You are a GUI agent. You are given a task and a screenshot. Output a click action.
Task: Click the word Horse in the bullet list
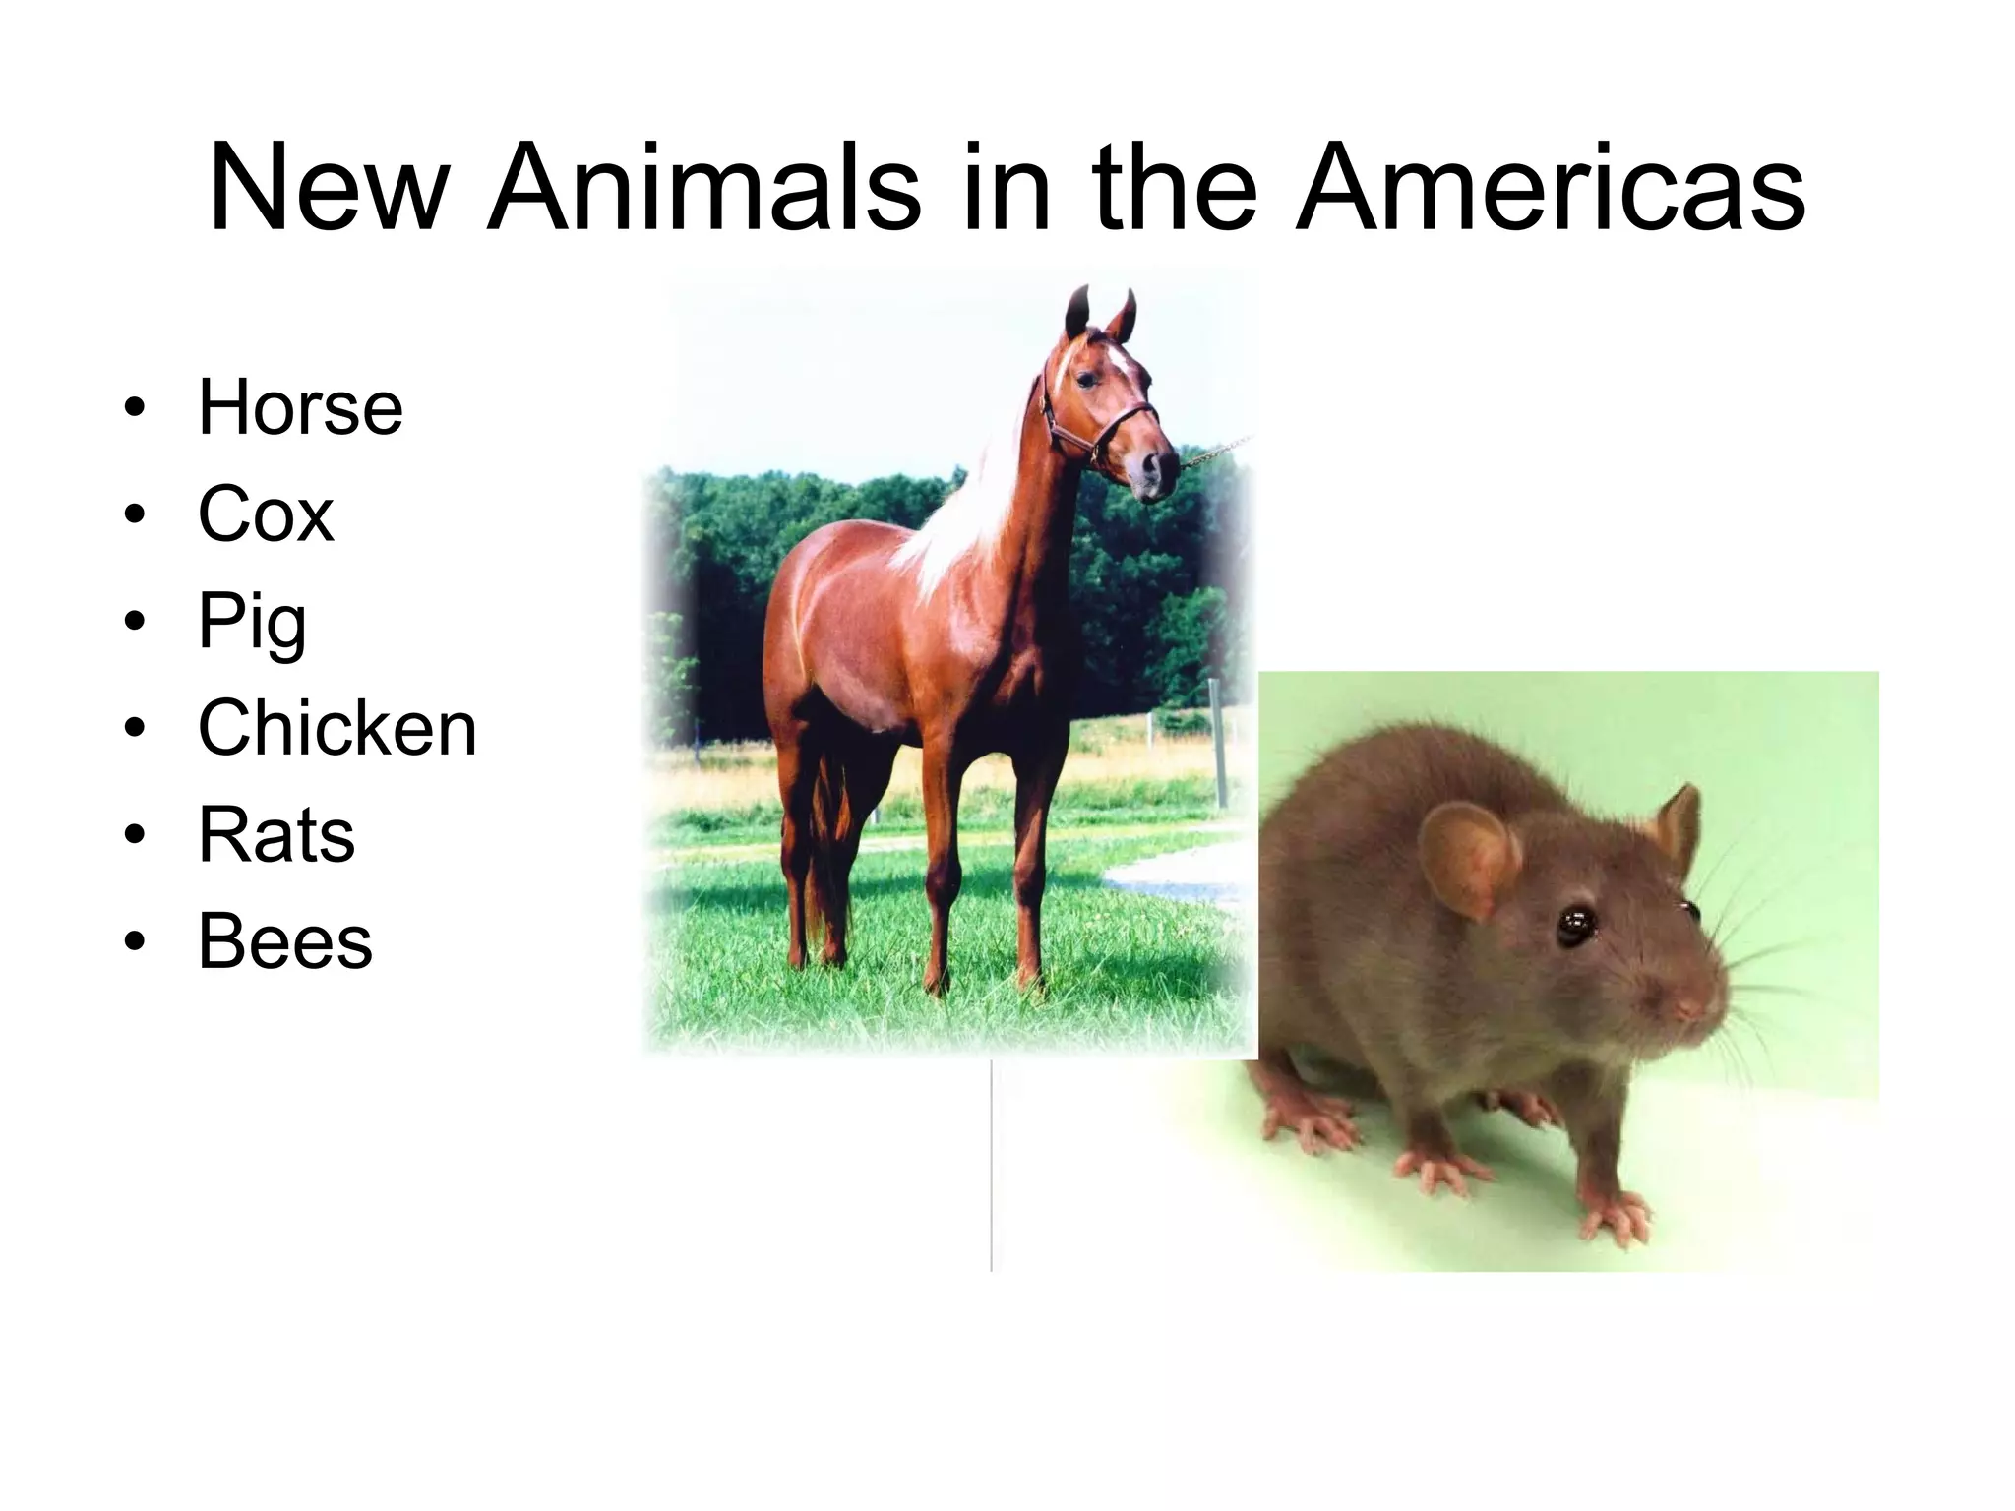[300, 407]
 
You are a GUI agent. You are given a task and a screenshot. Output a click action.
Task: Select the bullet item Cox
[266, 514]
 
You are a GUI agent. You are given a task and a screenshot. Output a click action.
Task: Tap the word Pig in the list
[252, 622]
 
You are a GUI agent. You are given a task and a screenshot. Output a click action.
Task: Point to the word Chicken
[337, 728]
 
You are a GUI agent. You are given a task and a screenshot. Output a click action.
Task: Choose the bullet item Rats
[276, 835]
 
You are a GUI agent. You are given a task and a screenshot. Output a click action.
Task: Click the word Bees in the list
[285, 941]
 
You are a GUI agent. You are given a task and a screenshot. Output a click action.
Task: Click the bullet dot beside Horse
[135, 408]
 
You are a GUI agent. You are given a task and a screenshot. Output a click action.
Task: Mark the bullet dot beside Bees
[135, 942]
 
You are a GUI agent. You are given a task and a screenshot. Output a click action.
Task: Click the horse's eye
[1085, 379]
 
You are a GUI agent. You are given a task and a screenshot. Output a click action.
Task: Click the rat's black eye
[1575, 925]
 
